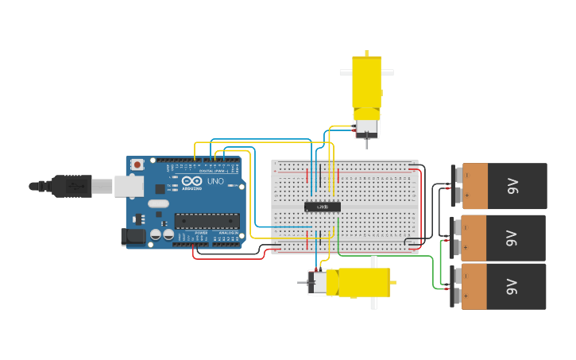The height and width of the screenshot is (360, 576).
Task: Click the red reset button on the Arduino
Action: pos(137,165)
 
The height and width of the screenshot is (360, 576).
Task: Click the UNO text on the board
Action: pos(215,181)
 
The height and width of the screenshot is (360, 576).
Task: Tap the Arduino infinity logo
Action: pos(191,180)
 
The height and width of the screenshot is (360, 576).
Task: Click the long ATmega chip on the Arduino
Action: pos(207,220)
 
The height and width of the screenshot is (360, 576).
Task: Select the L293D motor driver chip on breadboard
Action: pos(323,207)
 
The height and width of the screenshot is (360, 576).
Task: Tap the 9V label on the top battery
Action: pos(513,187)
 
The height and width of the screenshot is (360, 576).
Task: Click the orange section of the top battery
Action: pos(474,187)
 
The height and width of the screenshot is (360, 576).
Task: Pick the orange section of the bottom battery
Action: pos(474,287)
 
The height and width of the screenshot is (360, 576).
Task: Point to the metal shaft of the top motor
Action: pos(367,144)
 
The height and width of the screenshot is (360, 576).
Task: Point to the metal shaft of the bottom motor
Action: pos(302,282)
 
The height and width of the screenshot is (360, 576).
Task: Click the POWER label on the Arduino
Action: pos(201,232)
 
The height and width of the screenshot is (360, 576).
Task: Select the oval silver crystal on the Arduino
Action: pos(158,203)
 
